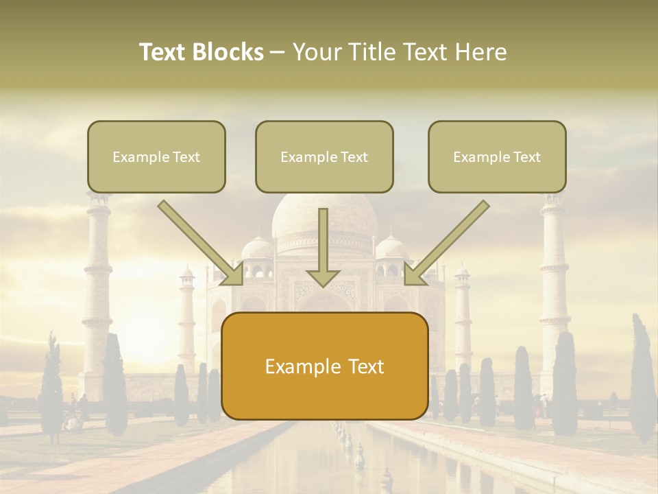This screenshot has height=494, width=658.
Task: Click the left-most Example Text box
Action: [156, 156]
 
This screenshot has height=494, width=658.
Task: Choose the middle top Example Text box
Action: [324, 156]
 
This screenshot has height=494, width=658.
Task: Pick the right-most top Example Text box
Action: [497, 156]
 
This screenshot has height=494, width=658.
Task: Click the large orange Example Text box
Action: [324, 366]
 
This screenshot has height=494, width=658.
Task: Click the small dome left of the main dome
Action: [258, 248]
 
